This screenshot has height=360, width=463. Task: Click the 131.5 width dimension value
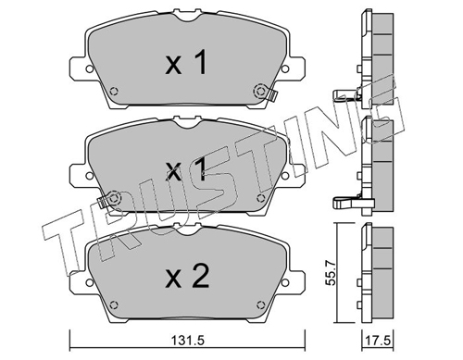point(187,341)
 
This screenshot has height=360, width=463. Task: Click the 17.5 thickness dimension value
point(378,341)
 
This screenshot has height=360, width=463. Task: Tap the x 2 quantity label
point(188,276)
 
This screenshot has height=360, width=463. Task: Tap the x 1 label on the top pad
point(186,63)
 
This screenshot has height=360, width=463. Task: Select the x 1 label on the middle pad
point(186,169)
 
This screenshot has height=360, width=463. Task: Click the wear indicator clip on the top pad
point(271,94)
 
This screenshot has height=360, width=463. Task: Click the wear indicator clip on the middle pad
point(103,202)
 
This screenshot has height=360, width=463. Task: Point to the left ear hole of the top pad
point(89,68)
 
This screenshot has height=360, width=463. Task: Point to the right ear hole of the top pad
point(285,68)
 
